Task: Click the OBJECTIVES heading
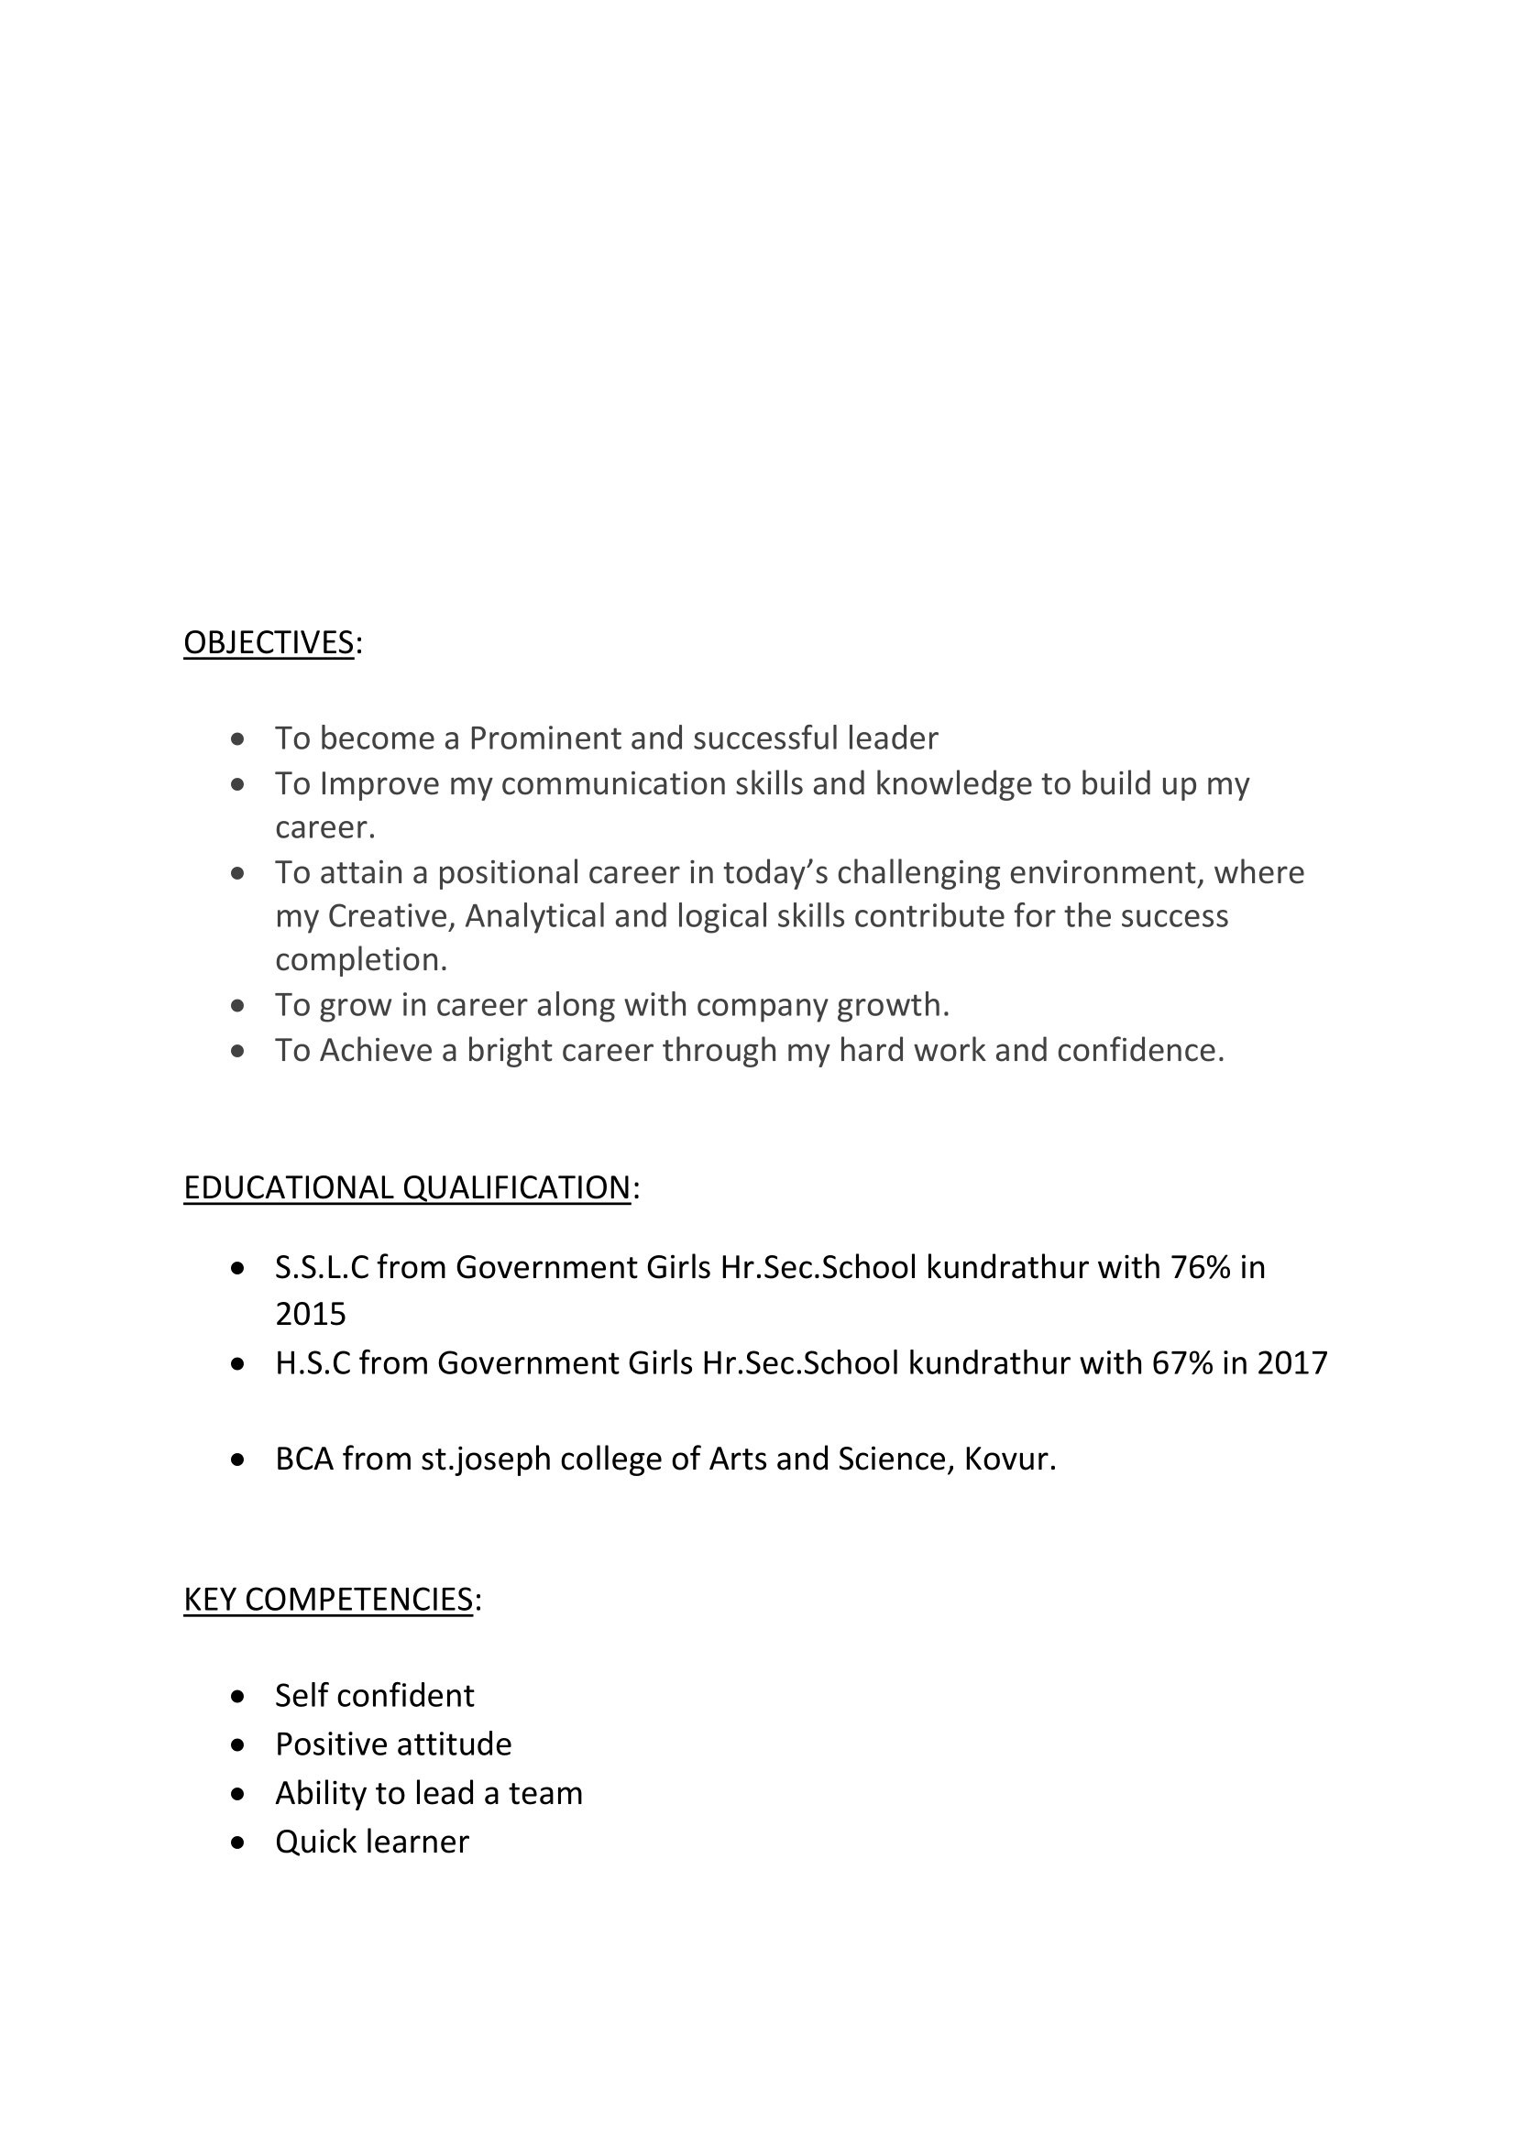pos(268,643)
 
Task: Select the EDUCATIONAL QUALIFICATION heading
pos(407,1188)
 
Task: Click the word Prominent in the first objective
pos(544,738)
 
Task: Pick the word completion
pos(360,960)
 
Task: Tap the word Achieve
pos(375,1051)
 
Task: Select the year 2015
pos(310,1314)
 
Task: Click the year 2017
pos(1292,1363)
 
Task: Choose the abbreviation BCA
pos(304,1459)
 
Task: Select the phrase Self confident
pos(374,1696)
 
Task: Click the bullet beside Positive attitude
pos(238,1744)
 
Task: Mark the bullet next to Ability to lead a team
pos(238,1794)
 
